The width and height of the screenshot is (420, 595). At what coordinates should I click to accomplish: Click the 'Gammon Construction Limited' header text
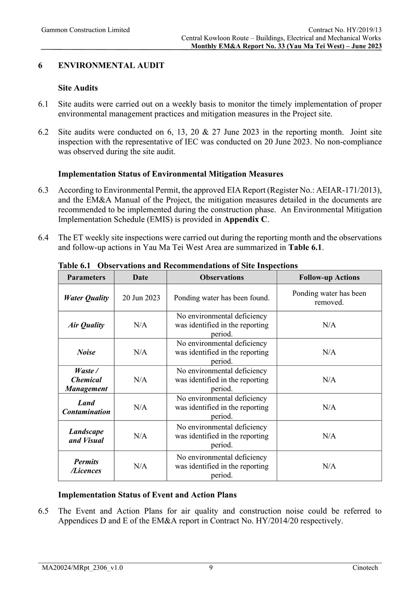(86, 30)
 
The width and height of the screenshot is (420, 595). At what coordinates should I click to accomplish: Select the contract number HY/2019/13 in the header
(364, 30)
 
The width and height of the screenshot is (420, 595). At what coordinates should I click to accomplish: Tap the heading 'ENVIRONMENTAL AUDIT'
(111, 66)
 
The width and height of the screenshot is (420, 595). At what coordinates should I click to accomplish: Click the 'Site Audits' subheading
(78, 88)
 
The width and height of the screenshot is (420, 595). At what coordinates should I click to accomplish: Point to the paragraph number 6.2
(43, 132)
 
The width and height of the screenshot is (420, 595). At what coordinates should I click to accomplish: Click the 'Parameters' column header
(86, 278)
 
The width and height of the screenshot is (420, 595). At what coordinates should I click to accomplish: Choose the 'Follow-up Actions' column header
(329, 278)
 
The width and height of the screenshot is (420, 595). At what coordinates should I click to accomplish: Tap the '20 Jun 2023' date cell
(141, 298)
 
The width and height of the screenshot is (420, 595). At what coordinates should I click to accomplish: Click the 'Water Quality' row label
(86, 298)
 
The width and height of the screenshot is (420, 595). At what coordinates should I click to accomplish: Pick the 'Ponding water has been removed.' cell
(329, 298)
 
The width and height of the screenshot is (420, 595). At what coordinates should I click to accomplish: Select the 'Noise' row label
(86, 352)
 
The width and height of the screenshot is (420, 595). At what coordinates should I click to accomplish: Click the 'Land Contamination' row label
(86, 407)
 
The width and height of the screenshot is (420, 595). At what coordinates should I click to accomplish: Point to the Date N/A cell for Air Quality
(140, 325)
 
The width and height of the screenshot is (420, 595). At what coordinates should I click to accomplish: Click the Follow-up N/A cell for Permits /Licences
(329, 466)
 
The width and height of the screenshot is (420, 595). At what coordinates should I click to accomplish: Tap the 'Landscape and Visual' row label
(86, 436)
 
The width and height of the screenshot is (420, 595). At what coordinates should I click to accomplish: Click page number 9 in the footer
(211, 568)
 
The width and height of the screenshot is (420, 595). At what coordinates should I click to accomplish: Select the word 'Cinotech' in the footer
(365, 568)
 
